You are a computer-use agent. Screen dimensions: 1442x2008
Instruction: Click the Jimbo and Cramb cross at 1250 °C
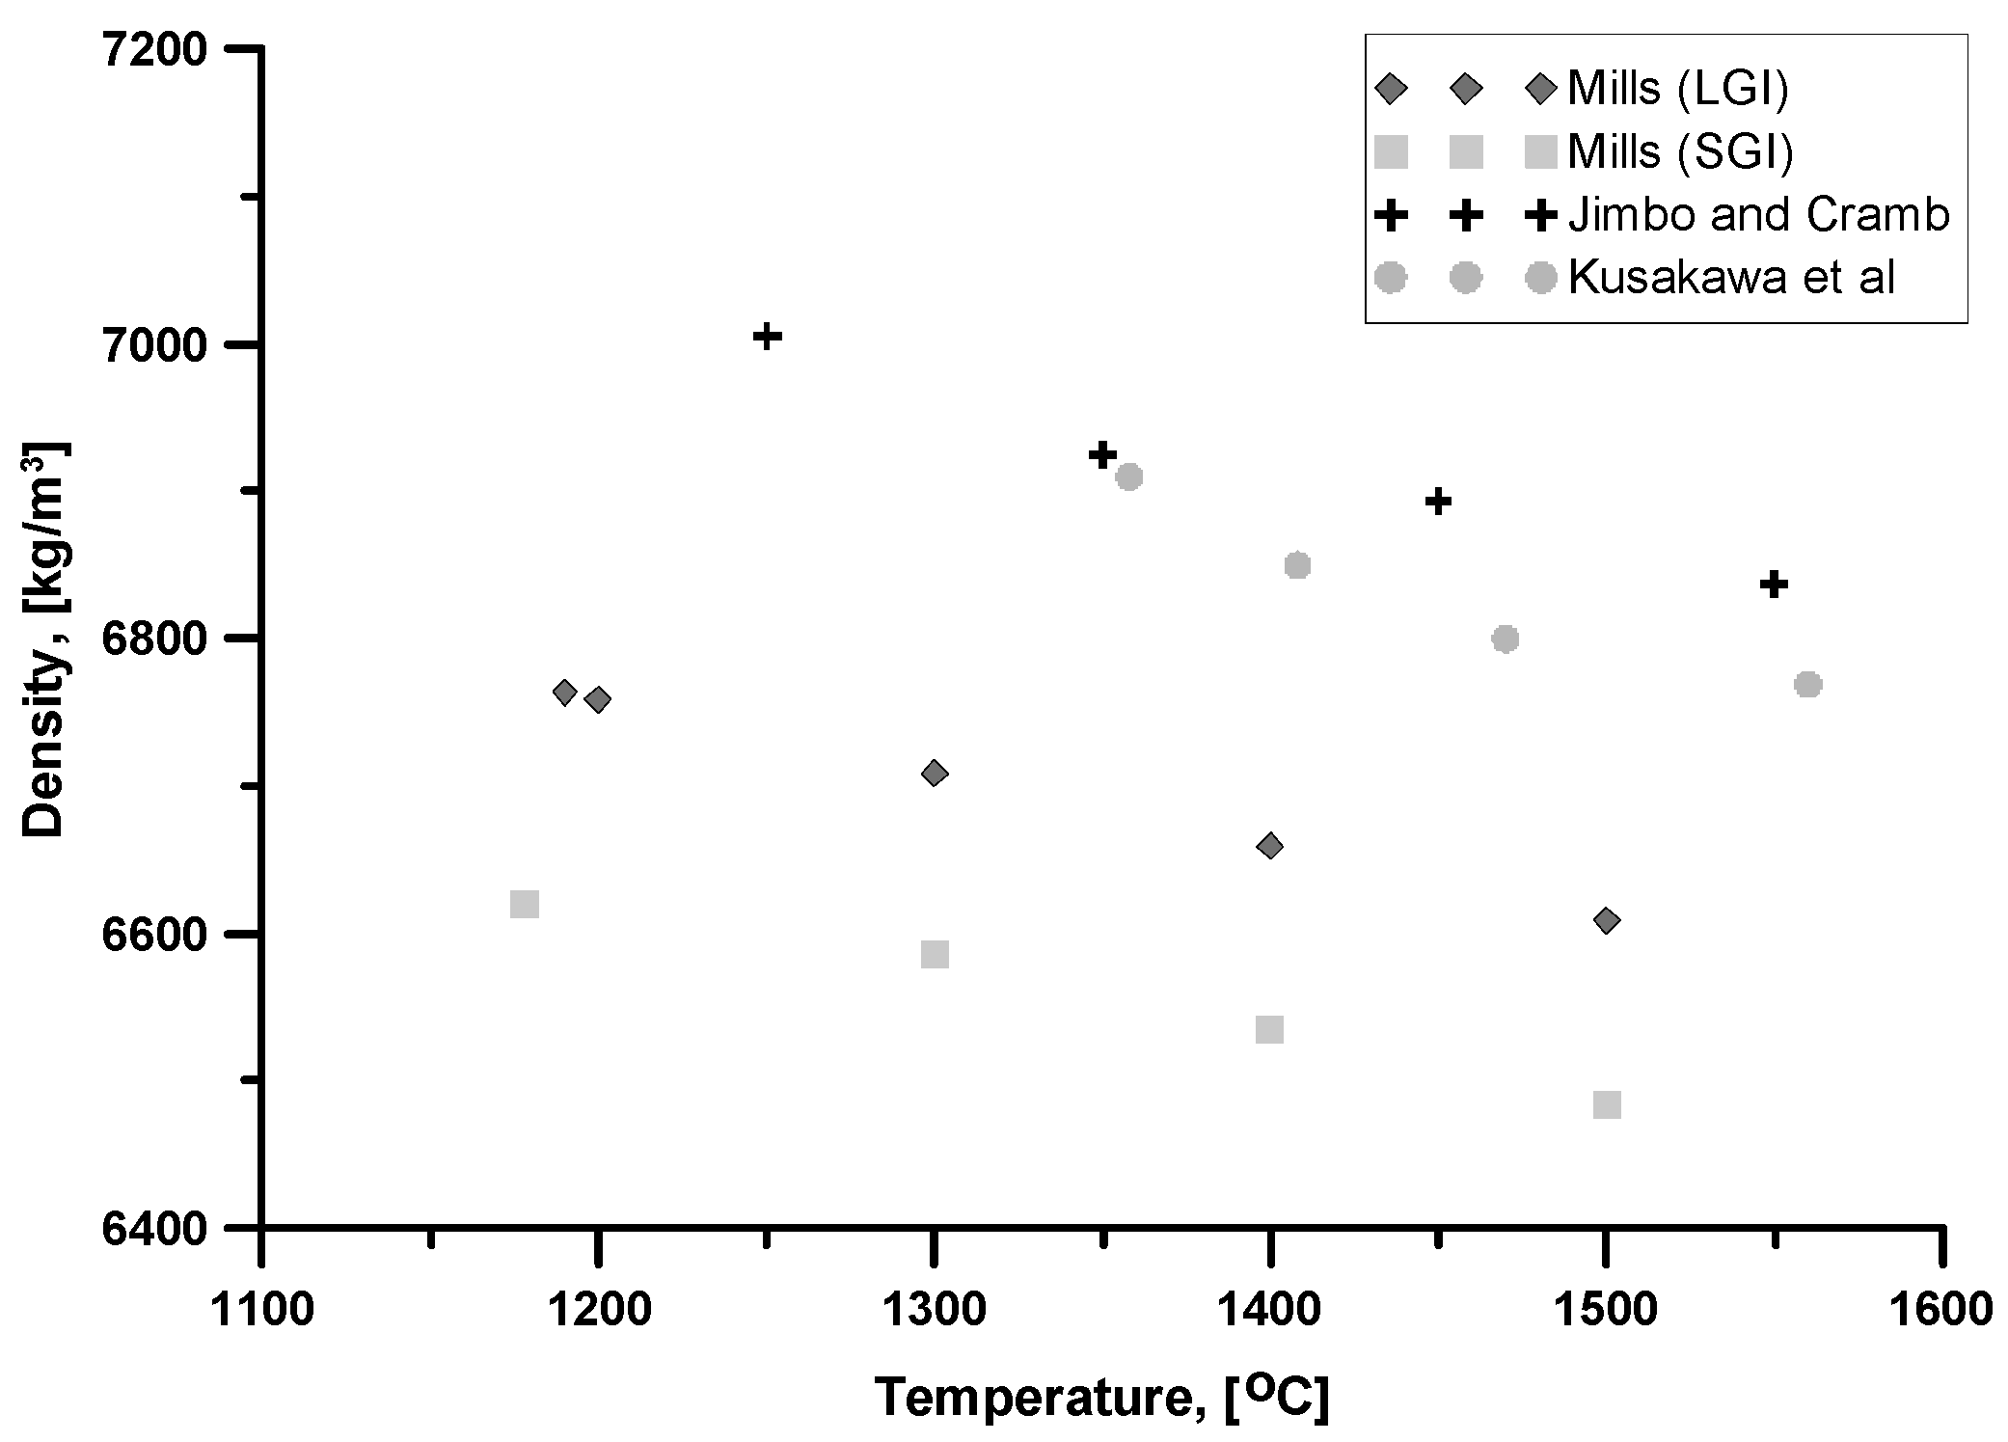(767, 337)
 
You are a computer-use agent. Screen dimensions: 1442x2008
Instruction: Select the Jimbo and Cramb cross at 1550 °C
(1774, 585)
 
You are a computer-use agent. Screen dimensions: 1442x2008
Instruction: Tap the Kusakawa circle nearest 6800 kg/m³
(1506, 639)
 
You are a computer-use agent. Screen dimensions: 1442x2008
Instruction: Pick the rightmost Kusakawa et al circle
(1807, 684)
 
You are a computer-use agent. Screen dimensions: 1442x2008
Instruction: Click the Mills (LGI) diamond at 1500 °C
(1606, 920)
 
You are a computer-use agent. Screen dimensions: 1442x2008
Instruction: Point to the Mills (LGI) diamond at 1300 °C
(934, 773)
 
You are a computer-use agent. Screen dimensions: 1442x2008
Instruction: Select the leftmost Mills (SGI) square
(524, 904)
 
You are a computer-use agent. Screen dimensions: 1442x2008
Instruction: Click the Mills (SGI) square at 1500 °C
(1607, 1104)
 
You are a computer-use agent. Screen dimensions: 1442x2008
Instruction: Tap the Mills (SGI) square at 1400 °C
(1269, 1029)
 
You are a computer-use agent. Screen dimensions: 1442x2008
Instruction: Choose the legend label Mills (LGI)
(1677, 89)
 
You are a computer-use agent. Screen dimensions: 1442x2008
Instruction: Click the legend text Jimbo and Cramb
(1758, 214)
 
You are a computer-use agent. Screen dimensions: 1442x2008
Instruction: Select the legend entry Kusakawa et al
(1731, 278)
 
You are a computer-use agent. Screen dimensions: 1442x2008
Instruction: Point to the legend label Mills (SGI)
(1679, 151)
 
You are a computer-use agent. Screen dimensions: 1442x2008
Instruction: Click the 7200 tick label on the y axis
(153, 49)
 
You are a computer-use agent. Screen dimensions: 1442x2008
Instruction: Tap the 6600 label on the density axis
(153, 935)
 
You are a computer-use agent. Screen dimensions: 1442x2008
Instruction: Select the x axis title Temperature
(1100, 1396)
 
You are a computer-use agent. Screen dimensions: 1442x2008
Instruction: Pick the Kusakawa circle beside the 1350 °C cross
(1128, 476)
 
